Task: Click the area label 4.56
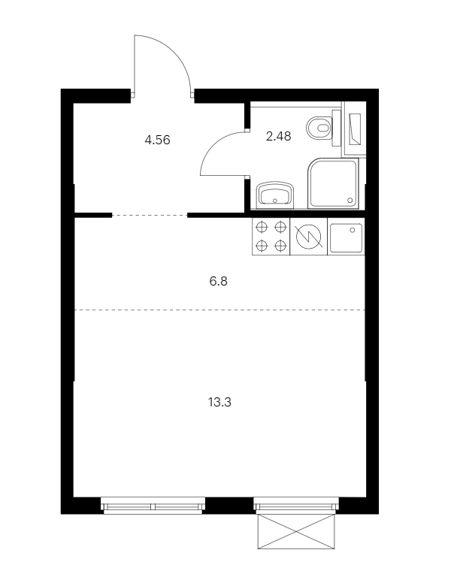[157, 140]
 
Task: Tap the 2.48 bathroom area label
[278, 136]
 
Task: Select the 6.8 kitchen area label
[218, 281]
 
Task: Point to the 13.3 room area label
[219, 402]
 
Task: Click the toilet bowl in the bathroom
[319, 128]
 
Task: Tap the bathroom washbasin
[274, 195]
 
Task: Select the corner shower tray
[333, 183]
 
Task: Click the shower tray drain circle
[350, 200]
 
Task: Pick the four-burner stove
[271, 237]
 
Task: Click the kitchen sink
[346, 237]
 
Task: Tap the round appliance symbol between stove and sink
[308, 237]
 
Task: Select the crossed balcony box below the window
[295, 532]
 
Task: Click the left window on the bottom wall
[153, 506]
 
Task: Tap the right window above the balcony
[296, 506]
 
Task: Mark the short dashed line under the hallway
[150, 216]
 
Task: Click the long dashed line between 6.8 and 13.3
[219, 310]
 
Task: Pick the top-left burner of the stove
[262, 228]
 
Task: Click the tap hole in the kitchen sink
[352, 230]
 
